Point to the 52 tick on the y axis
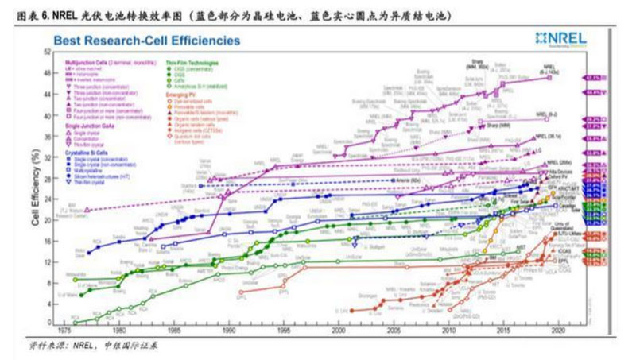(x=48, y=52)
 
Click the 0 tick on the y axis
(x=49, y=323)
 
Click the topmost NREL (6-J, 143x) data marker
(x=549, y=77)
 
